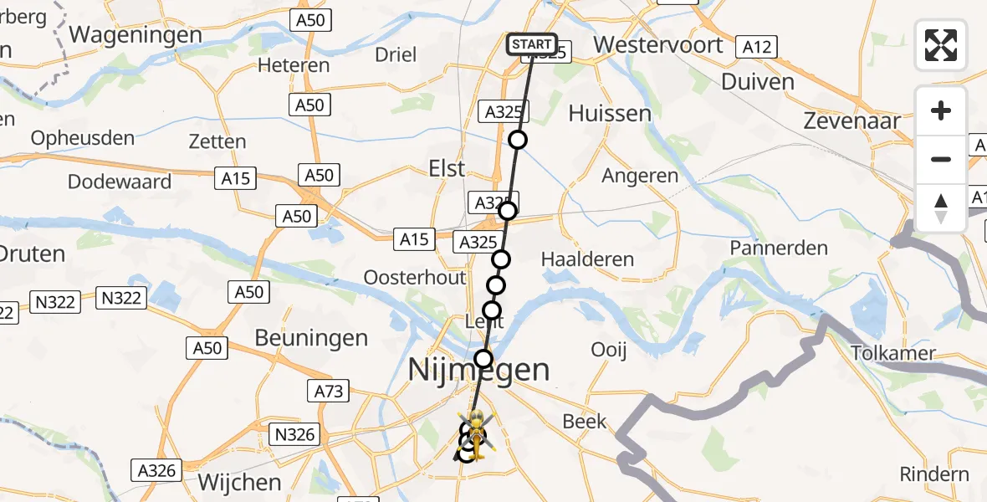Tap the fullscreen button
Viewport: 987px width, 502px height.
tap(941, 45)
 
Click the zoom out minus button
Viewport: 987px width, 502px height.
tap(941, 159)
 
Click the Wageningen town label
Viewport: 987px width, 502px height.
tap(136, 34)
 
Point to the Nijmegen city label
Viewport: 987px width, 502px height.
tap(479, 369)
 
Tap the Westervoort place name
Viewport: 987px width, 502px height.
tap(657, 44)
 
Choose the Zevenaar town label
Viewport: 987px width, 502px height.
tap(851, 120)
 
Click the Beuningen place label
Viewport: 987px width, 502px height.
tap(311, 338)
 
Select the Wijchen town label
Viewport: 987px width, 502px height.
tap(240, 483)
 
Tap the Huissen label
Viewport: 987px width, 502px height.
tap(610, 114)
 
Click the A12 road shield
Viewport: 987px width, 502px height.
tap(757, 47)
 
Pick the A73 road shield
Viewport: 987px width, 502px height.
tap(331, 391)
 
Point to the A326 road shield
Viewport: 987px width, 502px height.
tap(158, 470)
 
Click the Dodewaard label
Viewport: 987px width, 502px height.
tap(120, 182)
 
